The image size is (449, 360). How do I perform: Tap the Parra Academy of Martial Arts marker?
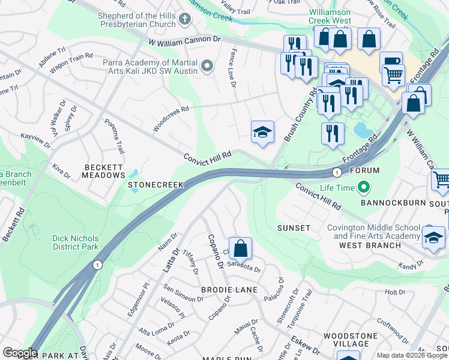[x=208, y=65]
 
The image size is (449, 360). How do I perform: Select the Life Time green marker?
[x=363, y=188]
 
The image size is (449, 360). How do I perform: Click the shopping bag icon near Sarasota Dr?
[x=240, y=248]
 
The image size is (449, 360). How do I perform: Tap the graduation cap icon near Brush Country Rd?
[x=262, y=132]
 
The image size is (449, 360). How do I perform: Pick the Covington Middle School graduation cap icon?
[x=433, y=238]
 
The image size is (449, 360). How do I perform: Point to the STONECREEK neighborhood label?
[x=155, y=185]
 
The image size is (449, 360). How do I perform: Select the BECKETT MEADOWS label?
[x=104, y=171]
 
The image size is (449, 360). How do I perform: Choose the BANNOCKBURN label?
[x=393, y=203]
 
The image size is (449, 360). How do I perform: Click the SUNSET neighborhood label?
[x=294, y=228]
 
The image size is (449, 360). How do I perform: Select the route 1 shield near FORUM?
[x=337, y=172]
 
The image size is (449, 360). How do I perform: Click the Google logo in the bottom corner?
[x=19, y=353]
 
